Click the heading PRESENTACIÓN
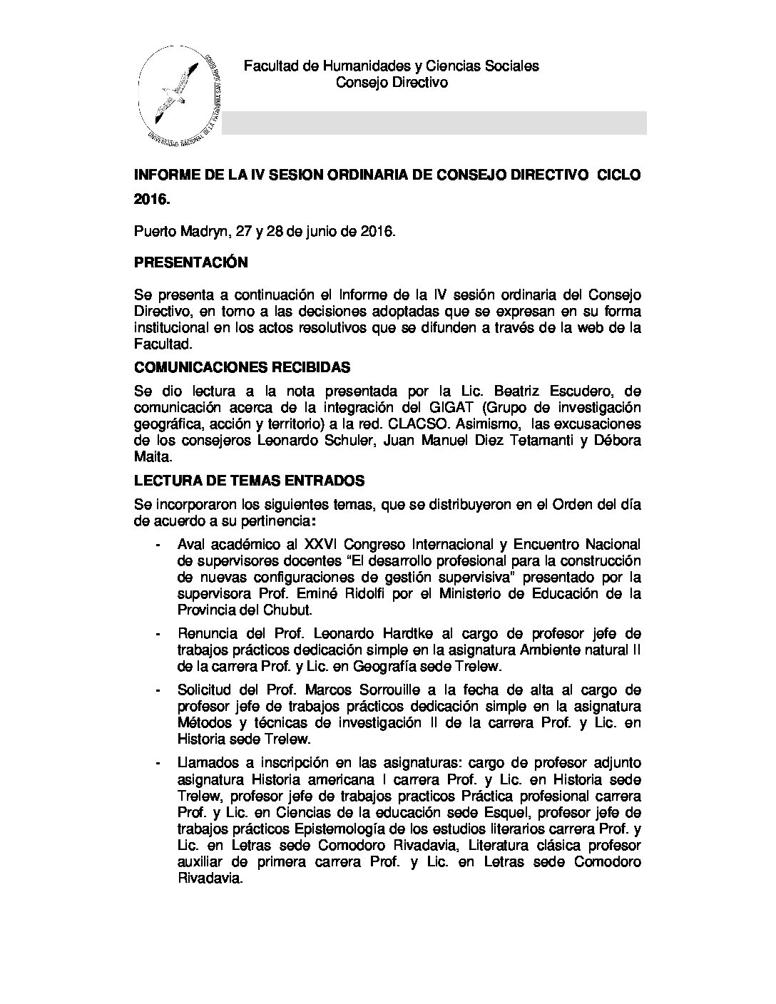click(191, 262)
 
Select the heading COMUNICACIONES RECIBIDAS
click(242, 367)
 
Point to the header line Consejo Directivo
click(392, 83)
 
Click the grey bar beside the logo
click(434, 123)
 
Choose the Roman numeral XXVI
click(322, 545)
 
